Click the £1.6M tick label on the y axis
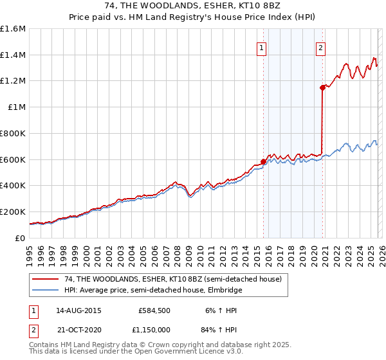(x=13, y=29)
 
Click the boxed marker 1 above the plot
(x=262, y=47)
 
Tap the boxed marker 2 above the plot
(x=320, y=47)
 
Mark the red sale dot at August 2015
(x=262, y=162)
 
